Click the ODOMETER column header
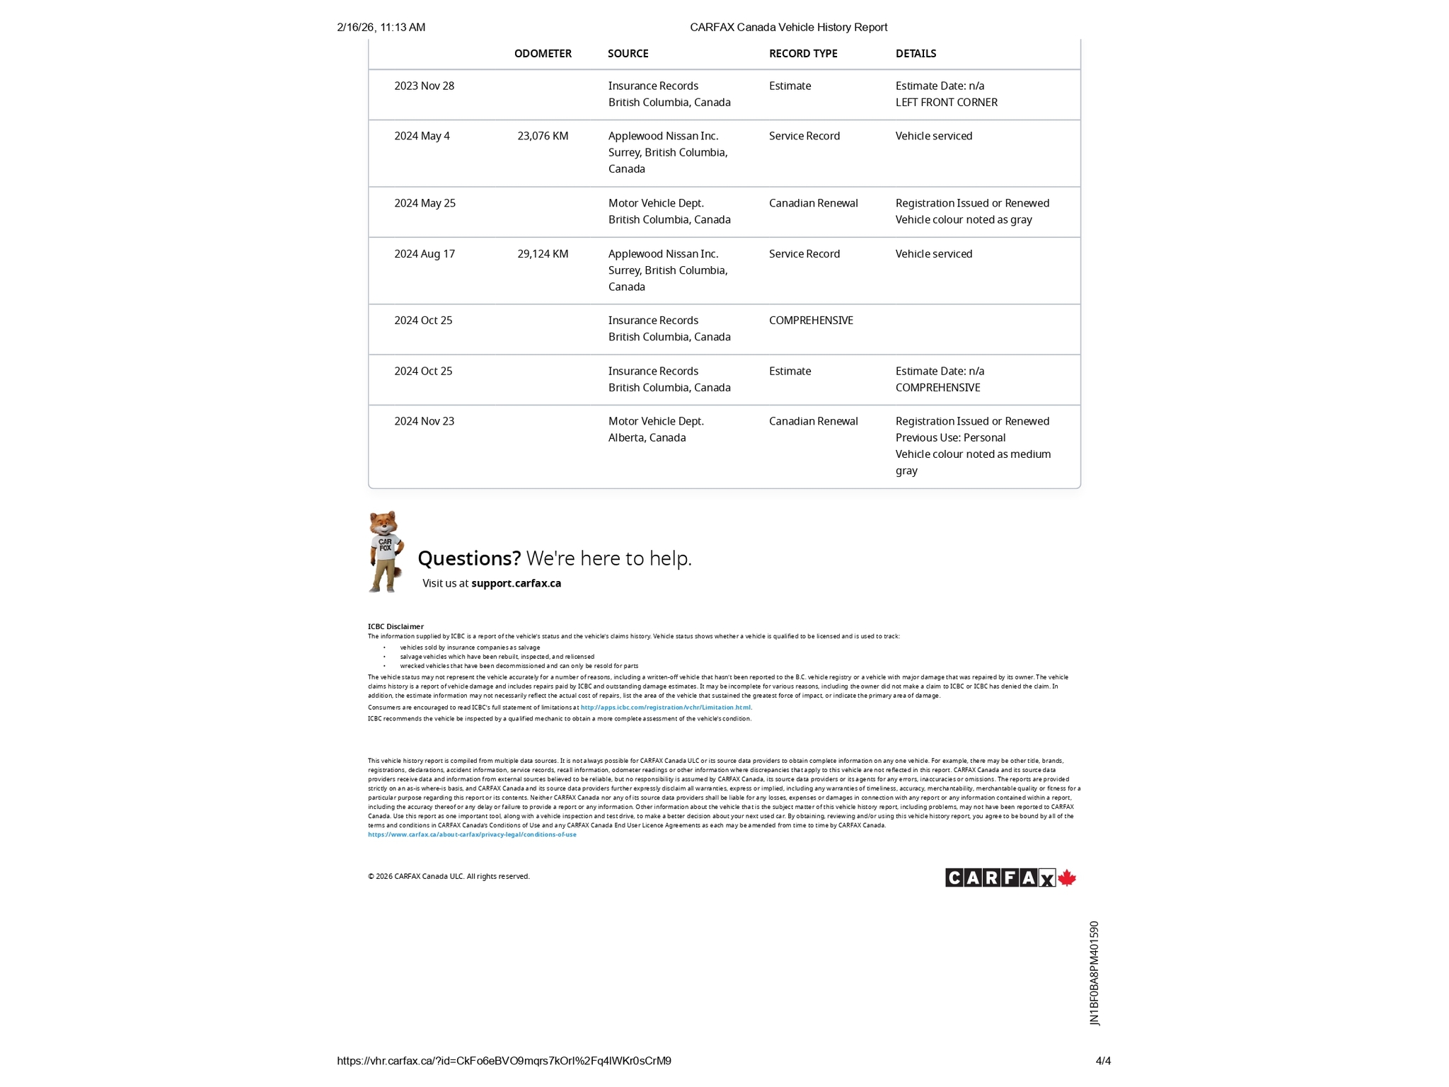tap(543, 54)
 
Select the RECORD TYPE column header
tap(803, 54)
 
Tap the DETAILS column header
tap(916, 54)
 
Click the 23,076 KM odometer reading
tap(543, 136)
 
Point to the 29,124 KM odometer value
tap(543, 254)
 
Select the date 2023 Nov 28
tap(425, 86)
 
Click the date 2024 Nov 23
tap(425, 422)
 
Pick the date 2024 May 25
tap(425, 204)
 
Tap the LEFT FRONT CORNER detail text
tap(946, 103)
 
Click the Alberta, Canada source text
tap(647, 438)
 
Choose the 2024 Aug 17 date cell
tap(425, 254)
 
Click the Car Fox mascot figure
tap(386, 552)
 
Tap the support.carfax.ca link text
tap(516, 584)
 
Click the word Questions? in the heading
tap(469, 558)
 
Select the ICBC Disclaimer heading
tap(396, 626)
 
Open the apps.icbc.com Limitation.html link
tap(666, 708)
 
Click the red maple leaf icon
tap(1067, 878)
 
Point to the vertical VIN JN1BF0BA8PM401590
tap(1095, 973)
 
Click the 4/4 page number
tap(1103, 1061)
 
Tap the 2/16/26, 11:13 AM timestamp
tap(381, 28)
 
